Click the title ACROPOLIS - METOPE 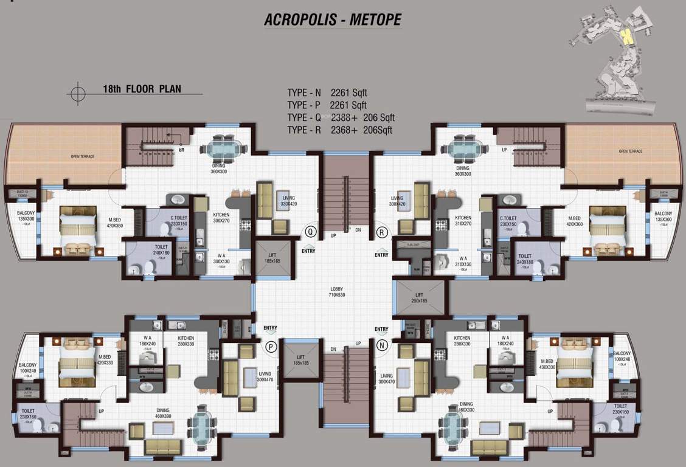pyautogui.click(x=333, y=19)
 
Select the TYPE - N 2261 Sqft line pyautogui.click(x=327, y=93)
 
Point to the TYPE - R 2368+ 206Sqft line pyautogui.click(x=340, y=130)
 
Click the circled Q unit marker pyautogui.click(x=310, y=231)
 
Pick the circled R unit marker pyautogui.click(x=381, y=232)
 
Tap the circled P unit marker pyautogui.click(x=270, y=346)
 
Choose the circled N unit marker pyautogui.click(x=381, y=346)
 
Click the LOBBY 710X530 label pyautogui.click(x=337, y=292)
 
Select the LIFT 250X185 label pyautogui.click(x=420, y=297)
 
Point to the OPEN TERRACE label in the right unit pyautogui.click(x=630, y=151)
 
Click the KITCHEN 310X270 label pyautogui.click(x=463, y=221)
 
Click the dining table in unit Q pyautogui.click(x=224, y=148)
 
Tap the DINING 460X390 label pyautogui.click(x=163, y=413)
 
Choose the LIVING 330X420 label pyautogui.click(x=288, y=200)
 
